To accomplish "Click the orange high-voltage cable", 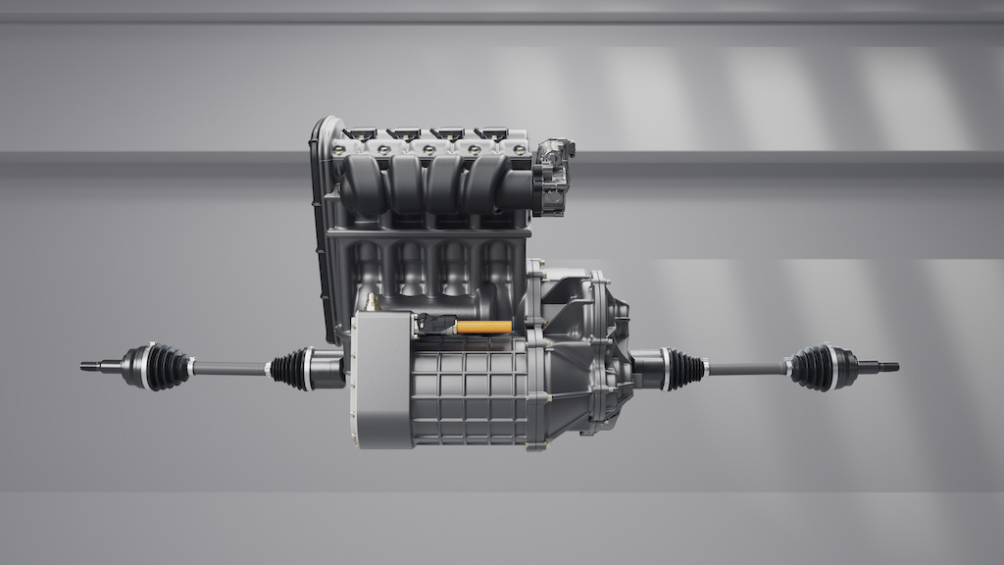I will (x=483, y=327).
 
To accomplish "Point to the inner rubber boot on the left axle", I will (x=291, y=369).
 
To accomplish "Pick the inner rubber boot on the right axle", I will (x=684, y=369).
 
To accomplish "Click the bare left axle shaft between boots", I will (x=229, y=369).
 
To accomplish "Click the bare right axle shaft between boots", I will (x=745, y=369).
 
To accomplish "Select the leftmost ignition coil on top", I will (x=360, y=132).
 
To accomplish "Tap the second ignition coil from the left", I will (x=403, y=132).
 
